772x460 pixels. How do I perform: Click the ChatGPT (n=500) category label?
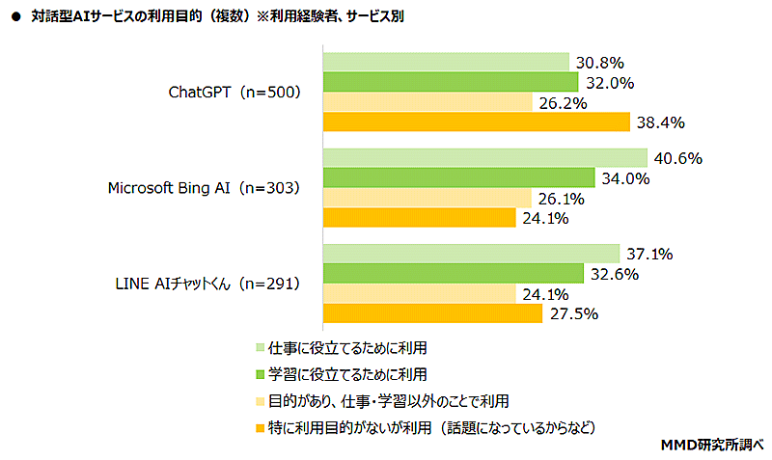click(x=235, y=93)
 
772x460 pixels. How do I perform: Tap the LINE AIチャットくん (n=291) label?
click(x=207, y=284)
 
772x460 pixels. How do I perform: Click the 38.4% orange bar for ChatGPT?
click(x=474, y=122)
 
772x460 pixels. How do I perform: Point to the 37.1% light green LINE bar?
click(x=471, y=254)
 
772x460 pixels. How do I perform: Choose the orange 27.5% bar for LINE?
click(x=432, y=312)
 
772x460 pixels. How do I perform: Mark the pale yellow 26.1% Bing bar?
click(x=427, y=198)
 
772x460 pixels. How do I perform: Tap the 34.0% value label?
click(x=622, y=178)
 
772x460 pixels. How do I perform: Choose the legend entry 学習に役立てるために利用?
click(x=346, y=373)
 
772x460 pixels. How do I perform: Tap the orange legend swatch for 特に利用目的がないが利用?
click(x=260, y=426)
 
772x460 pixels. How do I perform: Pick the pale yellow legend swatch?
click(x=260, y=400)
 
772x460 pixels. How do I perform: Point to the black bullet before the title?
click(x=14, y=15)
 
